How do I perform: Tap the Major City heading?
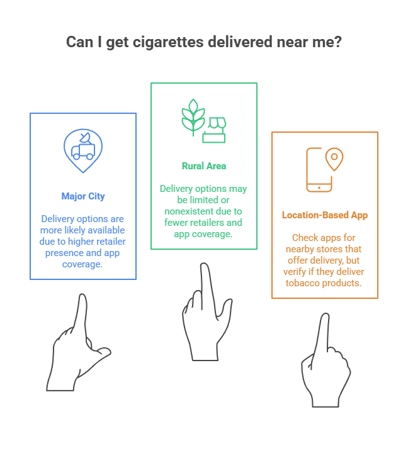[83, 196]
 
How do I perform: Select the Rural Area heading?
[204, 166]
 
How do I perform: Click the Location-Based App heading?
[325, 215]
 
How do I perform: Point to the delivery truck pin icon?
[83, 150]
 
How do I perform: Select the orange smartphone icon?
[319, 169]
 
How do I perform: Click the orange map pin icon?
[335, 159]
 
